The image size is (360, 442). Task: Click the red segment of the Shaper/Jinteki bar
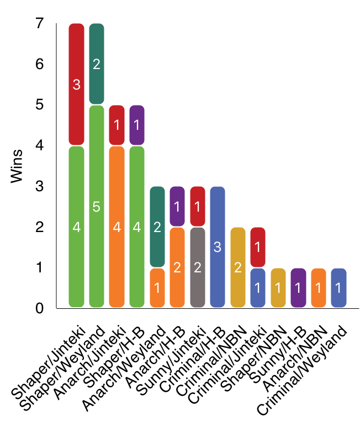pyautogui.click(x=76, y=84)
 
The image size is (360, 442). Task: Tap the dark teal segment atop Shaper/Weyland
pyautogui.click(x=97, y=64)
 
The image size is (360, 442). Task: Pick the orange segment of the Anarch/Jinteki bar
pyautogui.click(x=117, y=227)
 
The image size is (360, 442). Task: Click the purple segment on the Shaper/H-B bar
pyautogui.click(x=136, y=125)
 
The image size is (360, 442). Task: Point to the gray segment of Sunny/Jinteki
pyautogui.click(x=197, y=267)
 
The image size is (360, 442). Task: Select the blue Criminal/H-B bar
pyautogui.click(x=217, y=247)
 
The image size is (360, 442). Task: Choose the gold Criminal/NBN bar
pyautogui.click(x=237, y=267)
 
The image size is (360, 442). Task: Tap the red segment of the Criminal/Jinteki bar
pyautogui.click(x=257, y=247)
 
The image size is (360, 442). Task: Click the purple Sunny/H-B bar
pyautogui.click(x=298, y=288)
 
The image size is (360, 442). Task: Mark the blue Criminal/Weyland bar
pyautogui.click(x=338, y=288)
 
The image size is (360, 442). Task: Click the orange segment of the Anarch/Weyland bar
pyautogui.click(x=157, y=288)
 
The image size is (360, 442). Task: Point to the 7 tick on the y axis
pyautogui.click(x=39, y=24)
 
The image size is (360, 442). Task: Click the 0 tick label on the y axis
pyautogui.click(x=39, y=308)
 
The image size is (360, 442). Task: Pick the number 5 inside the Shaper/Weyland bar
pyautogui.click(x=97, y=207)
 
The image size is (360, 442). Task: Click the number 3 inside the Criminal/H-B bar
pyautogui.click(x=217, y=247)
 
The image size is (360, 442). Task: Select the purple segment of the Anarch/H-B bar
pyautogui.click(x=177, y=207)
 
